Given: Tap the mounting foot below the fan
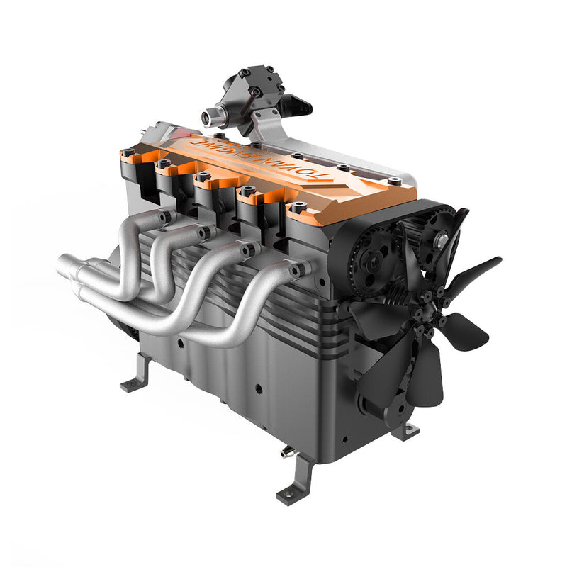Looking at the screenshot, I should click(x=406, y=430).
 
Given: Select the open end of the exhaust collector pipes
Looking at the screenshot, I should click(x=66, y=268).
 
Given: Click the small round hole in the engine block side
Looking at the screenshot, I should click(x=259, y=389).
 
